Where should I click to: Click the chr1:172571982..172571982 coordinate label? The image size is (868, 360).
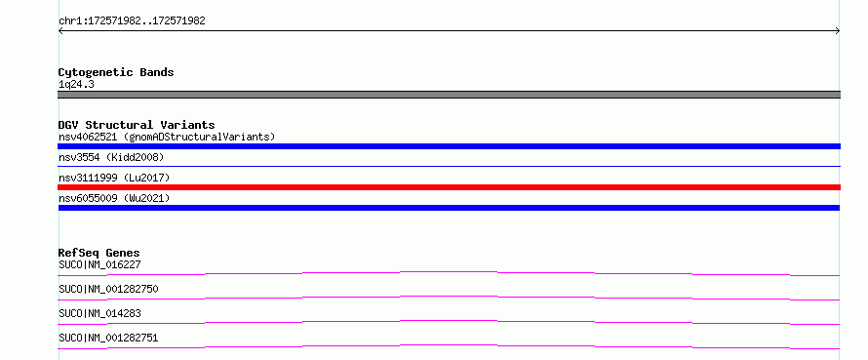tap(132, 21)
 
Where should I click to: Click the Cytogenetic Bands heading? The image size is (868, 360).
tap(116, 72)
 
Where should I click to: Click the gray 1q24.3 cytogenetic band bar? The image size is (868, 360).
tap(449, 95)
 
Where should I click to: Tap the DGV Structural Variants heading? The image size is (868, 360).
tap(137, 125)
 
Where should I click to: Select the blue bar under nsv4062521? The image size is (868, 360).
tap(449, 146)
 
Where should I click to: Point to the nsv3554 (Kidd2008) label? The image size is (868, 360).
tap(111, 157)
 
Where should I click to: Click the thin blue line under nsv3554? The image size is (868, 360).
tap(449, 166)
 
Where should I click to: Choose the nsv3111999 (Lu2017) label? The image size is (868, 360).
tap(114, 178)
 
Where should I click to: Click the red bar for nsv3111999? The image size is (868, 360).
tap(449, 187)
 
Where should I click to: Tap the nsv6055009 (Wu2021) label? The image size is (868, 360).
tap(114, 198)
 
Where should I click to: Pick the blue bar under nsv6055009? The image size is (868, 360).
tap(449, 208)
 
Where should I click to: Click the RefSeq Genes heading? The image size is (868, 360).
tap(99, 253)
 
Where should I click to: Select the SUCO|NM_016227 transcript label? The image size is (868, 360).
tap(99, 264)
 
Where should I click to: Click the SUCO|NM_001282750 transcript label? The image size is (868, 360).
tap(108, 289)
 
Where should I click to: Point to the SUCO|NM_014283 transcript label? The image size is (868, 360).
tap(99, 313)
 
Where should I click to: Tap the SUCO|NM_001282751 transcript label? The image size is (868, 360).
tap(108, 338)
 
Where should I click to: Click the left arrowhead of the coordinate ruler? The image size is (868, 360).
tap(59, 31)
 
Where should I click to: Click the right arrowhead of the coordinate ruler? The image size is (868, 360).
tap(839, 31)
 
